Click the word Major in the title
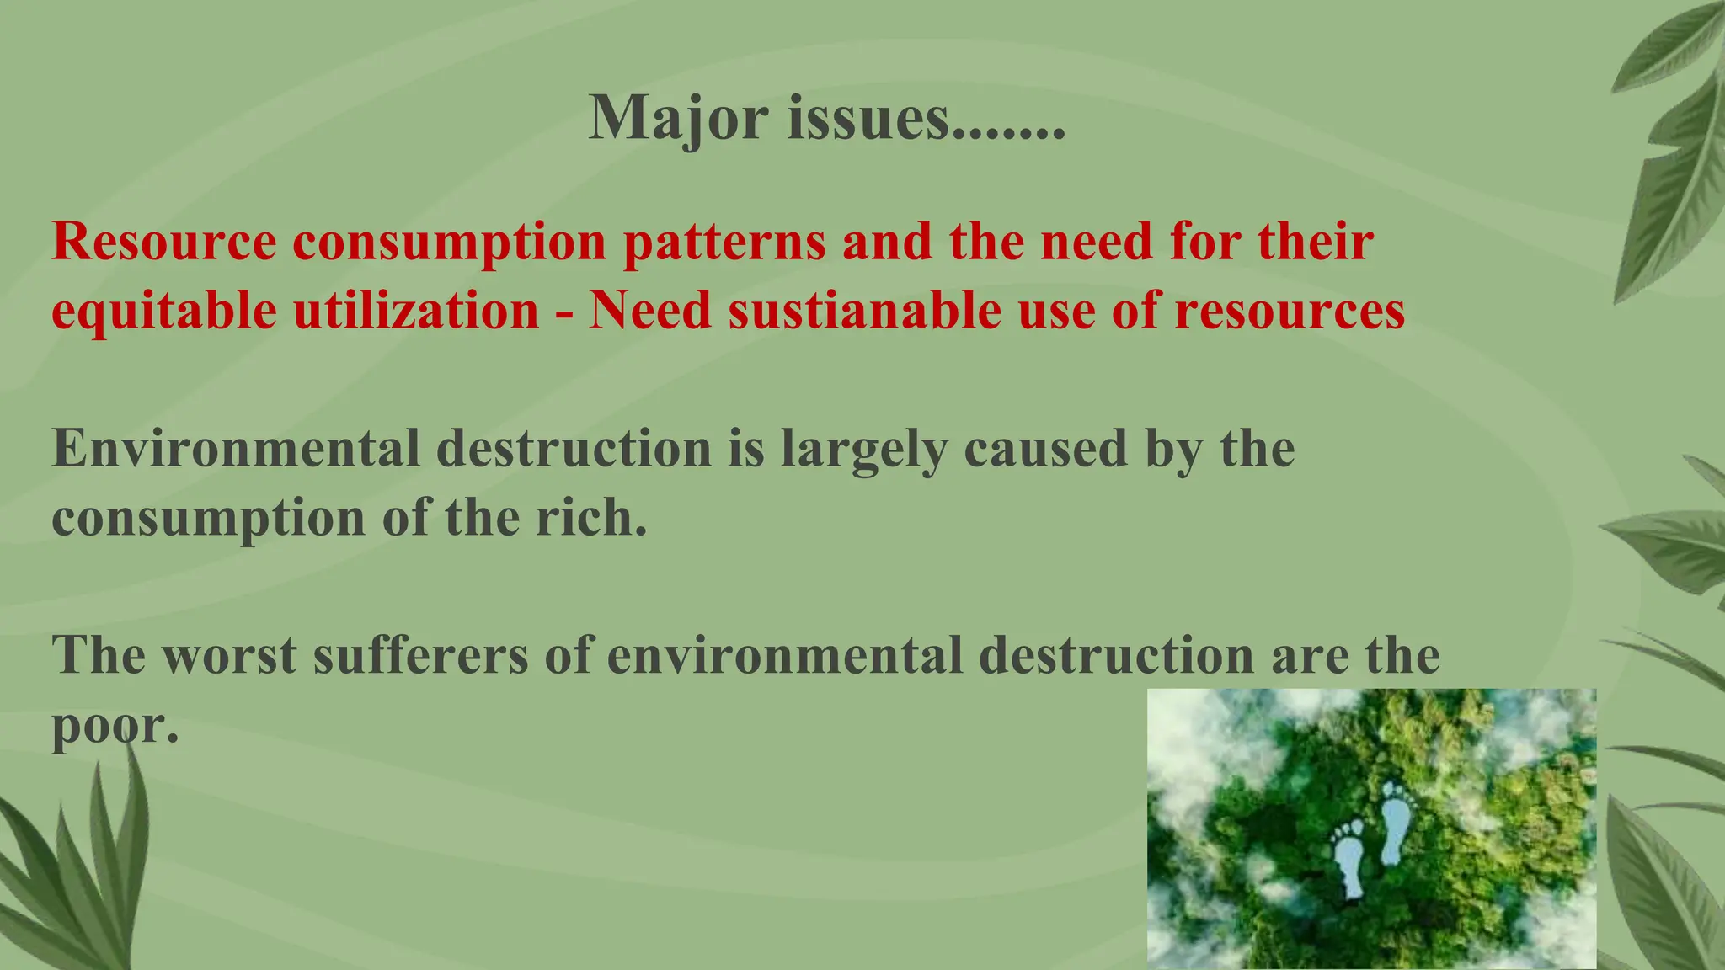[678, 118]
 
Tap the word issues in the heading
[868, 118]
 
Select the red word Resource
[164, 242]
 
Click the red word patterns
[724, 242]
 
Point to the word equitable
[164, 311]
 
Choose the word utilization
[416, 311]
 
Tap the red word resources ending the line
[1290, 311]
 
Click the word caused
[1045, 449]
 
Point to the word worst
[229, 655]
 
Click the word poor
[115, 725]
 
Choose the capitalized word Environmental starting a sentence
[236, 449]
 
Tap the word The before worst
[99, 655]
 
